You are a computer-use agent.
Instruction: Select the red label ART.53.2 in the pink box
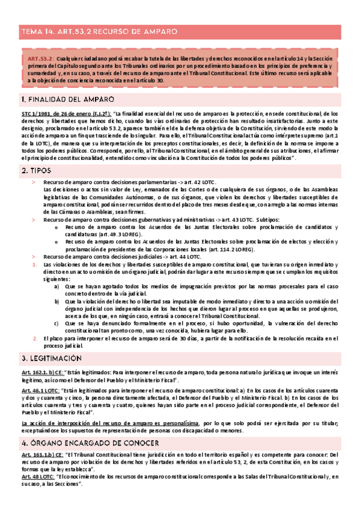click(40, 58)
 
